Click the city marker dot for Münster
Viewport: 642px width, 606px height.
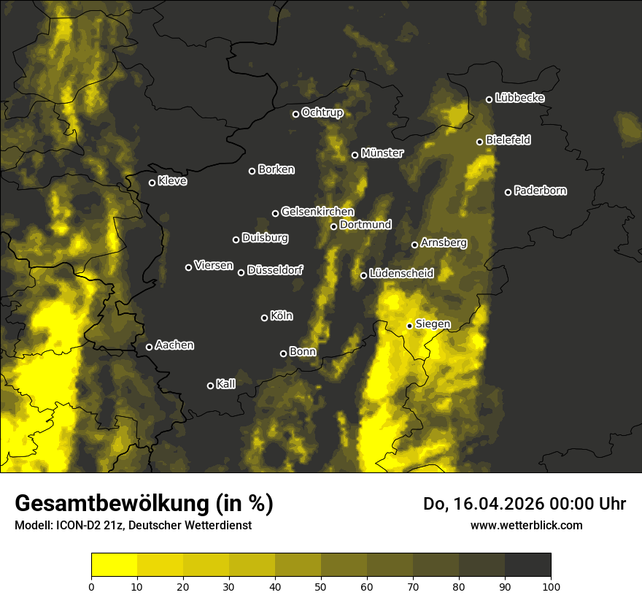click(355, 155)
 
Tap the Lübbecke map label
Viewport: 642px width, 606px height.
click(519, 98)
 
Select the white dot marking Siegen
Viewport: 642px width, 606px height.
click(410, 326)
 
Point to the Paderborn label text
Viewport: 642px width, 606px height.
click(540, 191)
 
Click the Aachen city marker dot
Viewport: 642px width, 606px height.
click(150, 347)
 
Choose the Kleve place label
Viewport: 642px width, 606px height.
click(172, 181)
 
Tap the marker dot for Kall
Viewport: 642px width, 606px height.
click(211, 386)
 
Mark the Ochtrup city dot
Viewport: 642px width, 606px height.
click(296, 114)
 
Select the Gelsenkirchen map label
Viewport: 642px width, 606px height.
click(317, 212)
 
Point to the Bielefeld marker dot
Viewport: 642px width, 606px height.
click(480, 142)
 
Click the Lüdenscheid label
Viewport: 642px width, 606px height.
click(401, 274)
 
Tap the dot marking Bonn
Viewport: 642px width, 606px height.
click(284, 353)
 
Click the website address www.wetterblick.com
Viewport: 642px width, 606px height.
click(526, 525)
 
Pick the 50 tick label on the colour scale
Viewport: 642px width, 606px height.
click(321, 586)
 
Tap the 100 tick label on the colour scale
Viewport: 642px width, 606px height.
click(551, 586)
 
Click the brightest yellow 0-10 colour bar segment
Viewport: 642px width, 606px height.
click(115, 565)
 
